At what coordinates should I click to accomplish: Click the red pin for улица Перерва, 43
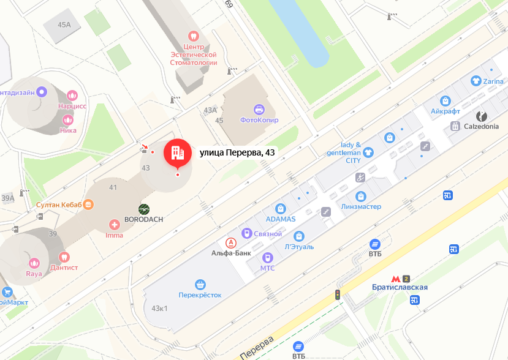pyautogui.click(x=177, y=152)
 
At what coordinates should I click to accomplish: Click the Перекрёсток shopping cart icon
pyautogui.click(x=200, y=284)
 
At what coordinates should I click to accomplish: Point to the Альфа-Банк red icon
pyautogui.click(x=231, y=242)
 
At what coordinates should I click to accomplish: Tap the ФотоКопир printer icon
pyautogui.click(x=259, y=110)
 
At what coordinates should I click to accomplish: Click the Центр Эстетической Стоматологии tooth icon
pyautogui.click(x=194, y=36)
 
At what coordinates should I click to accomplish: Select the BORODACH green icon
pyautogui.click(x=144, y=209)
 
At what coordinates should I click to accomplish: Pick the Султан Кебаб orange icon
pyautogui.click(x=89, y=204)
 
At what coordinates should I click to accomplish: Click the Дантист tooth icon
pyautogui.click(x=64, y=257)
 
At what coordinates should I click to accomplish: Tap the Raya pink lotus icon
pyautogui.click(x=34, y=263)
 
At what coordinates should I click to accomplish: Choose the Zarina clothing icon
pyautogui.click(x=476, y=81)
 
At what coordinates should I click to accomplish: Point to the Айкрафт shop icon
pyautogui.click(x=445, y=101)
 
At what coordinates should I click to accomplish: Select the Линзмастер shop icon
pyautogui.click(x=360, y=196)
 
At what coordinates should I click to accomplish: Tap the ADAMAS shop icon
pyautogui.click(x=281, y=209)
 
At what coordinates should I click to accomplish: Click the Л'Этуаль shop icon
pyautogui.click(x=299, y=236)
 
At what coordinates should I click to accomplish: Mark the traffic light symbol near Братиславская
pyautogui.click(x=337, y=294)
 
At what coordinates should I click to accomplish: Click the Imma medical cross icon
pyautogui.click(x=114, y=225)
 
